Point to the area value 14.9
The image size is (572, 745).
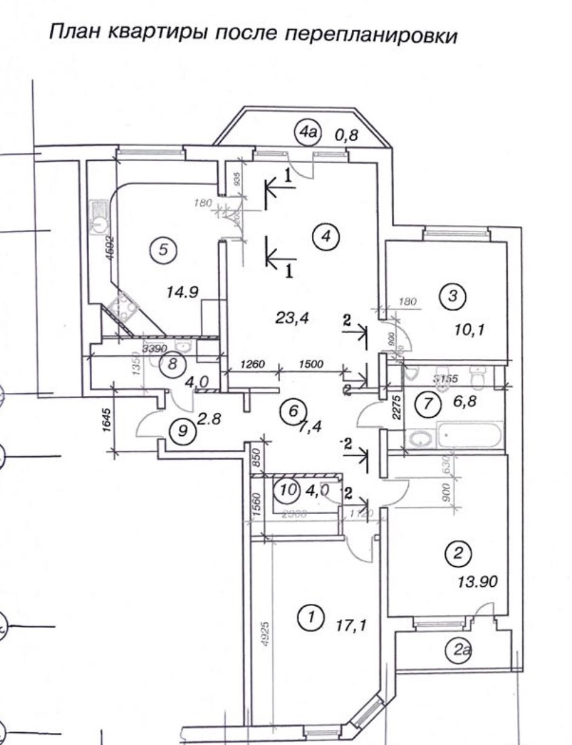coord(183,292)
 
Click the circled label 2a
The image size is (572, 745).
coord(462,650)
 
